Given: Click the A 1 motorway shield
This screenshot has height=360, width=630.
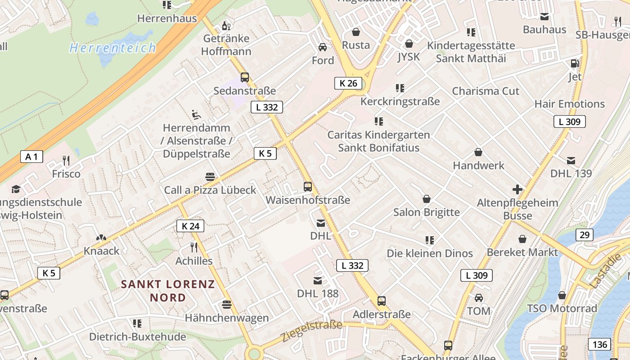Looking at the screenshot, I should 31,157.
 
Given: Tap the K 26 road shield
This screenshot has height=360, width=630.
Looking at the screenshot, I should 348,83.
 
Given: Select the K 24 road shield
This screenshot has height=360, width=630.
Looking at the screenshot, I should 190,226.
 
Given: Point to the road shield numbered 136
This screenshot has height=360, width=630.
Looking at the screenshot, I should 599,345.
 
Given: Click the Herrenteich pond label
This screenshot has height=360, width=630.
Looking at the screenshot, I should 112,48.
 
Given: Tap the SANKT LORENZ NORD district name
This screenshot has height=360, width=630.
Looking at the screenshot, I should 168,291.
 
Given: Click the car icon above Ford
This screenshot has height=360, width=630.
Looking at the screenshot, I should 323,47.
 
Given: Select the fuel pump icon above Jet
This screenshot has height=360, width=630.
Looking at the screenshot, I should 575,64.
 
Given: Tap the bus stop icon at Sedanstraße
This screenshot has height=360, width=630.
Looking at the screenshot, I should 245,77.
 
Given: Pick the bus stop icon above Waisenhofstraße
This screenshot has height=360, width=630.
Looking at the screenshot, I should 308,186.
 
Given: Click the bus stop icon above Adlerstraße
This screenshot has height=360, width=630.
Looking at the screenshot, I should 382,301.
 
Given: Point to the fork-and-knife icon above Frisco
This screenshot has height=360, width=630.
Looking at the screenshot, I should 66,161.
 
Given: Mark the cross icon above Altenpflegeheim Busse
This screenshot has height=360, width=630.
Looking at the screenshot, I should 517,189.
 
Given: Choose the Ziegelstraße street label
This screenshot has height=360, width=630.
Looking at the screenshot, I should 311,331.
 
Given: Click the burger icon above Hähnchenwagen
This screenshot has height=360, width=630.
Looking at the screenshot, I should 227,305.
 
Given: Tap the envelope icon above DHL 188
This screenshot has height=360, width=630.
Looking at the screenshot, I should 318,281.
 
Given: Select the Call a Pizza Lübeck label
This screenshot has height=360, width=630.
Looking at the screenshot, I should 210,190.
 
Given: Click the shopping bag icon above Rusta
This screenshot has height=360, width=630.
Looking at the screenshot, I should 356,32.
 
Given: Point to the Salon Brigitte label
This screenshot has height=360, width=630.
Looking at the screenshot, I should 427,212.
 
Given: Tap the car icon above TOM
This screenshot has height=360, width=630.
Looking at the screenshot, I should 479,298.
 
